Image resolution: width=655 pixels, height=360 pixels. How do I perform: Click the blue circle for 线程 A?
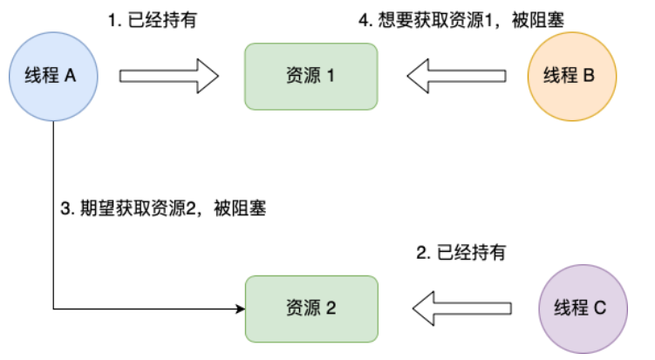53,77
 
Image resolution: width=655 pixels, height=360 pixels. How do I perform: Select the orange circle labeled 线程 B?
572,77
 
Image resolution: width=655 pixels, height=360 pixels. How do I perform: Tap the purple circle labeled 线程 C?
583,309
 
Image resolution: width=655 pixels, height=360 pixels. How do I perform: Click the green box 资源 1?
311,77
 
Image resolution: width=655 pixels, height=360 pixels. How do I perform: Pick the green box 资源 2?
311,309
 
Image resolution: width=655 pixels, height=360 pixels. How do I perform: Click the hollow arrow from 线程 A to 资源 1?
168,76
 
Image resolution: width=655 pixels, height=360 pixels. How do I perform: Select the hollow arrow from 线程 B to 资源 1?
456,76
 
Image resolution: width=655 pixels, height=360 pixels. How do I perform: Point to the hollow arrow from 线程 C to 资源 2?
462,309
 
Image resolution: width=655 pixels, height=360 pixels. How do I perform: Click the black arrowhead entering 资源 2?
241,309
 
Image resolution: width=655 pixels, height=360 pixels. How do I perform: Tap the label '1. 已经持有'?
153,20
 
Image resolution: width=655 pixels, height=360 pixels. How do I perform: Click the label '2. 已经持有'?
461,253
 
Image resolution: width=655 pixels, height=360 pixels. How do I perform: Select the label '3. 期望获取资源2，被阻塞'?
163,208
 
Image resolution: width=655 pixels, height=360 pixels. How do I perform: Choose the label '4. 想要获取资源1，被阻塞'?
461,20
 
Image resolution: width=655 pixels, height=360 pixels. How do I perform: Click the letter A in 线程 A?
70,76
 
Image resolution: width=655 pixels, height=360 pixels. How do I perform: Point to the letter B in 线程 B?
589,76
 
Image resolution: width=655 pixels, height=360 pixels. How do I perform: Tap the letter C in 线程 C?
600,308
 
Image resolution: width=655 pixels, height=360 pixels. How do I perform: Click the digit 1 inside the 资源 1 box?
331,76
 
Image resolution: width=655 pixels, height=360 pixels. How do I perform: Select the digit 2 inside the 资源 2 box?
331,309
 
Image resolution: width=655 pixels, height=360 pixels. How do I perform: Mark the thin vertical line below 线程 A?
53,215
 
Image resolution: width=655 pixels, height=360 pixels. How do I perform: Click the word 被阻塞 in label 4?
538,20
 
